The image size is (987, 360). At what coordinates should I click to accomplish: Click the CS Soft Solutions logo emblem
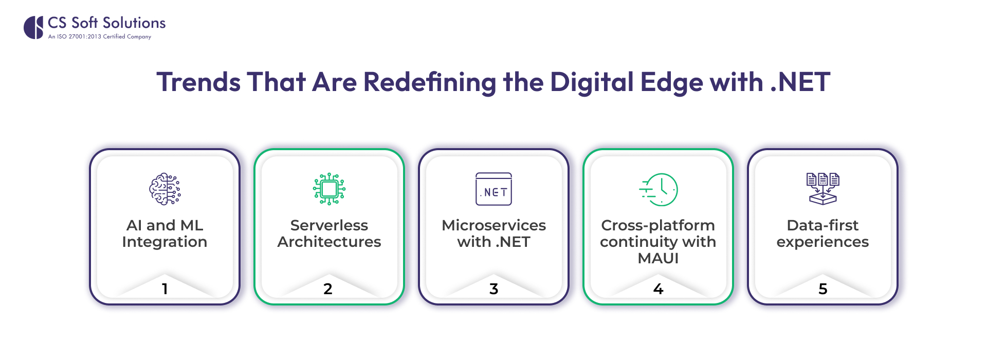33,27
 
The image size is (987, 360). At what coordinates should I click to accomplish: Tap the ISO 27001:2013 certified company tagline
100,37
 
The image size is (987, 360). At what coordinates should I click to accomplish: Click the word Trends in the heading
198,82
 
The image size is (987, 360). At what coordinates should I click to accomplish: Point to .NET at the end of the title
800,82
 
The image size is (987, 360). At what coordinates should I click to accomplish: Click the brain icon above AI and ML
164,189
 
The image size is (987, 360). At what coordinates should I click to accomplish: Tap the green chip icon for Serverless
329,189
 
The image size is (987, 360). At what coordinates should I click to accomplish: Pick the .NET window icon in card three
493,189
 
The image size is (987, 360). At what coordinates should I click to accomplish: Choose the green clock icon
659,189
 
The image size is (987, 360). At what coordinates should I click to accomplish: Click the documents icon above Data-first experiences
822,189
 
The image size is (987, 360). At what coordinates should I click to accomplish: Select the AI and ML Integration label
164,233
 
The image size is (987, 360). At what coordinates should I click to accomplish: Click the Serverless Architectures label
329,233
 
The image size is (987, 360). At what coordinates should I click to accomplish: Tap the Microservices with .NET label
493,233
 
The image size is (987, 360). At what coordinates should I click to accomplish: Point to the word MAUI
658,258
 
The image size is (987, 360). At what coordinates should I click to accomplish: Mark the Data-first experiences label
822,233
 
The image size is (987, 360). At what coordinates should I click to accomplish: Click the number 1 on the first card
165,289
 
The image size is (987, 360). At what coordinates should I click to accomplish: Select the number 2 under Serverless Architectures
328,289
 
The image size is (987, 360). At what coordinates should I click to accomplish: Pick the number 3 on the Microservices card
493,289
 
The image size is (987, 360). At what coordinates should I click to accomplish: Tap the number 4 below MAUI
659,289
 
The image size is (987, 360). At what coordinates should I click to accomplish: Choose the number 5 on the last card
823,289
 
